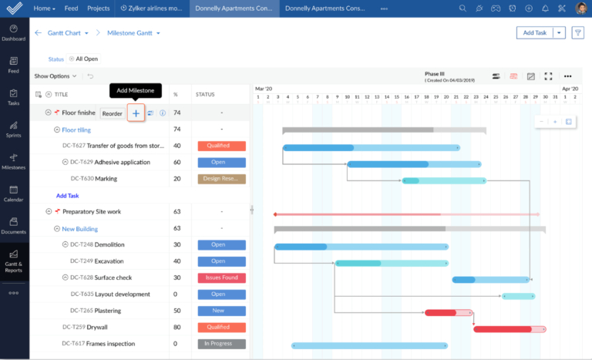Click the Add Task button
tap(535, 32)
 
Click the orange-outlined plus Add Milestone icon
tap(136, 113)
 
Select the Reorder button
tap(113, 113)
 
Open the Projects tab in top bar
tap(98, 8)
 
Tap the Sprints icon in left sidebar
tap(14, 128)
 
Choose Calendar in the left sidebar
tap(14, 192)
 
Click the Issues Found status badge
tap(221, 278)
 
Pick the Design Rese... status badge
tap(221, 179)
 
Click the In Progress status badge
tap(221, 344)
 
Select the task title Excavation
tap(109, 261)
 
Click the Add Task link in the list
tap(67, 196)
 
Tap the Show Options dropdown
tap(55, 76)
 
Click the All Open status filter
tap(84, 59)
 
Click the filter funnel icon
tap(577, 32)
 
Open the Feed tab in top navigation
tap(71, 8)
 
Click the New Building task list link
tap(79, 229)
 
